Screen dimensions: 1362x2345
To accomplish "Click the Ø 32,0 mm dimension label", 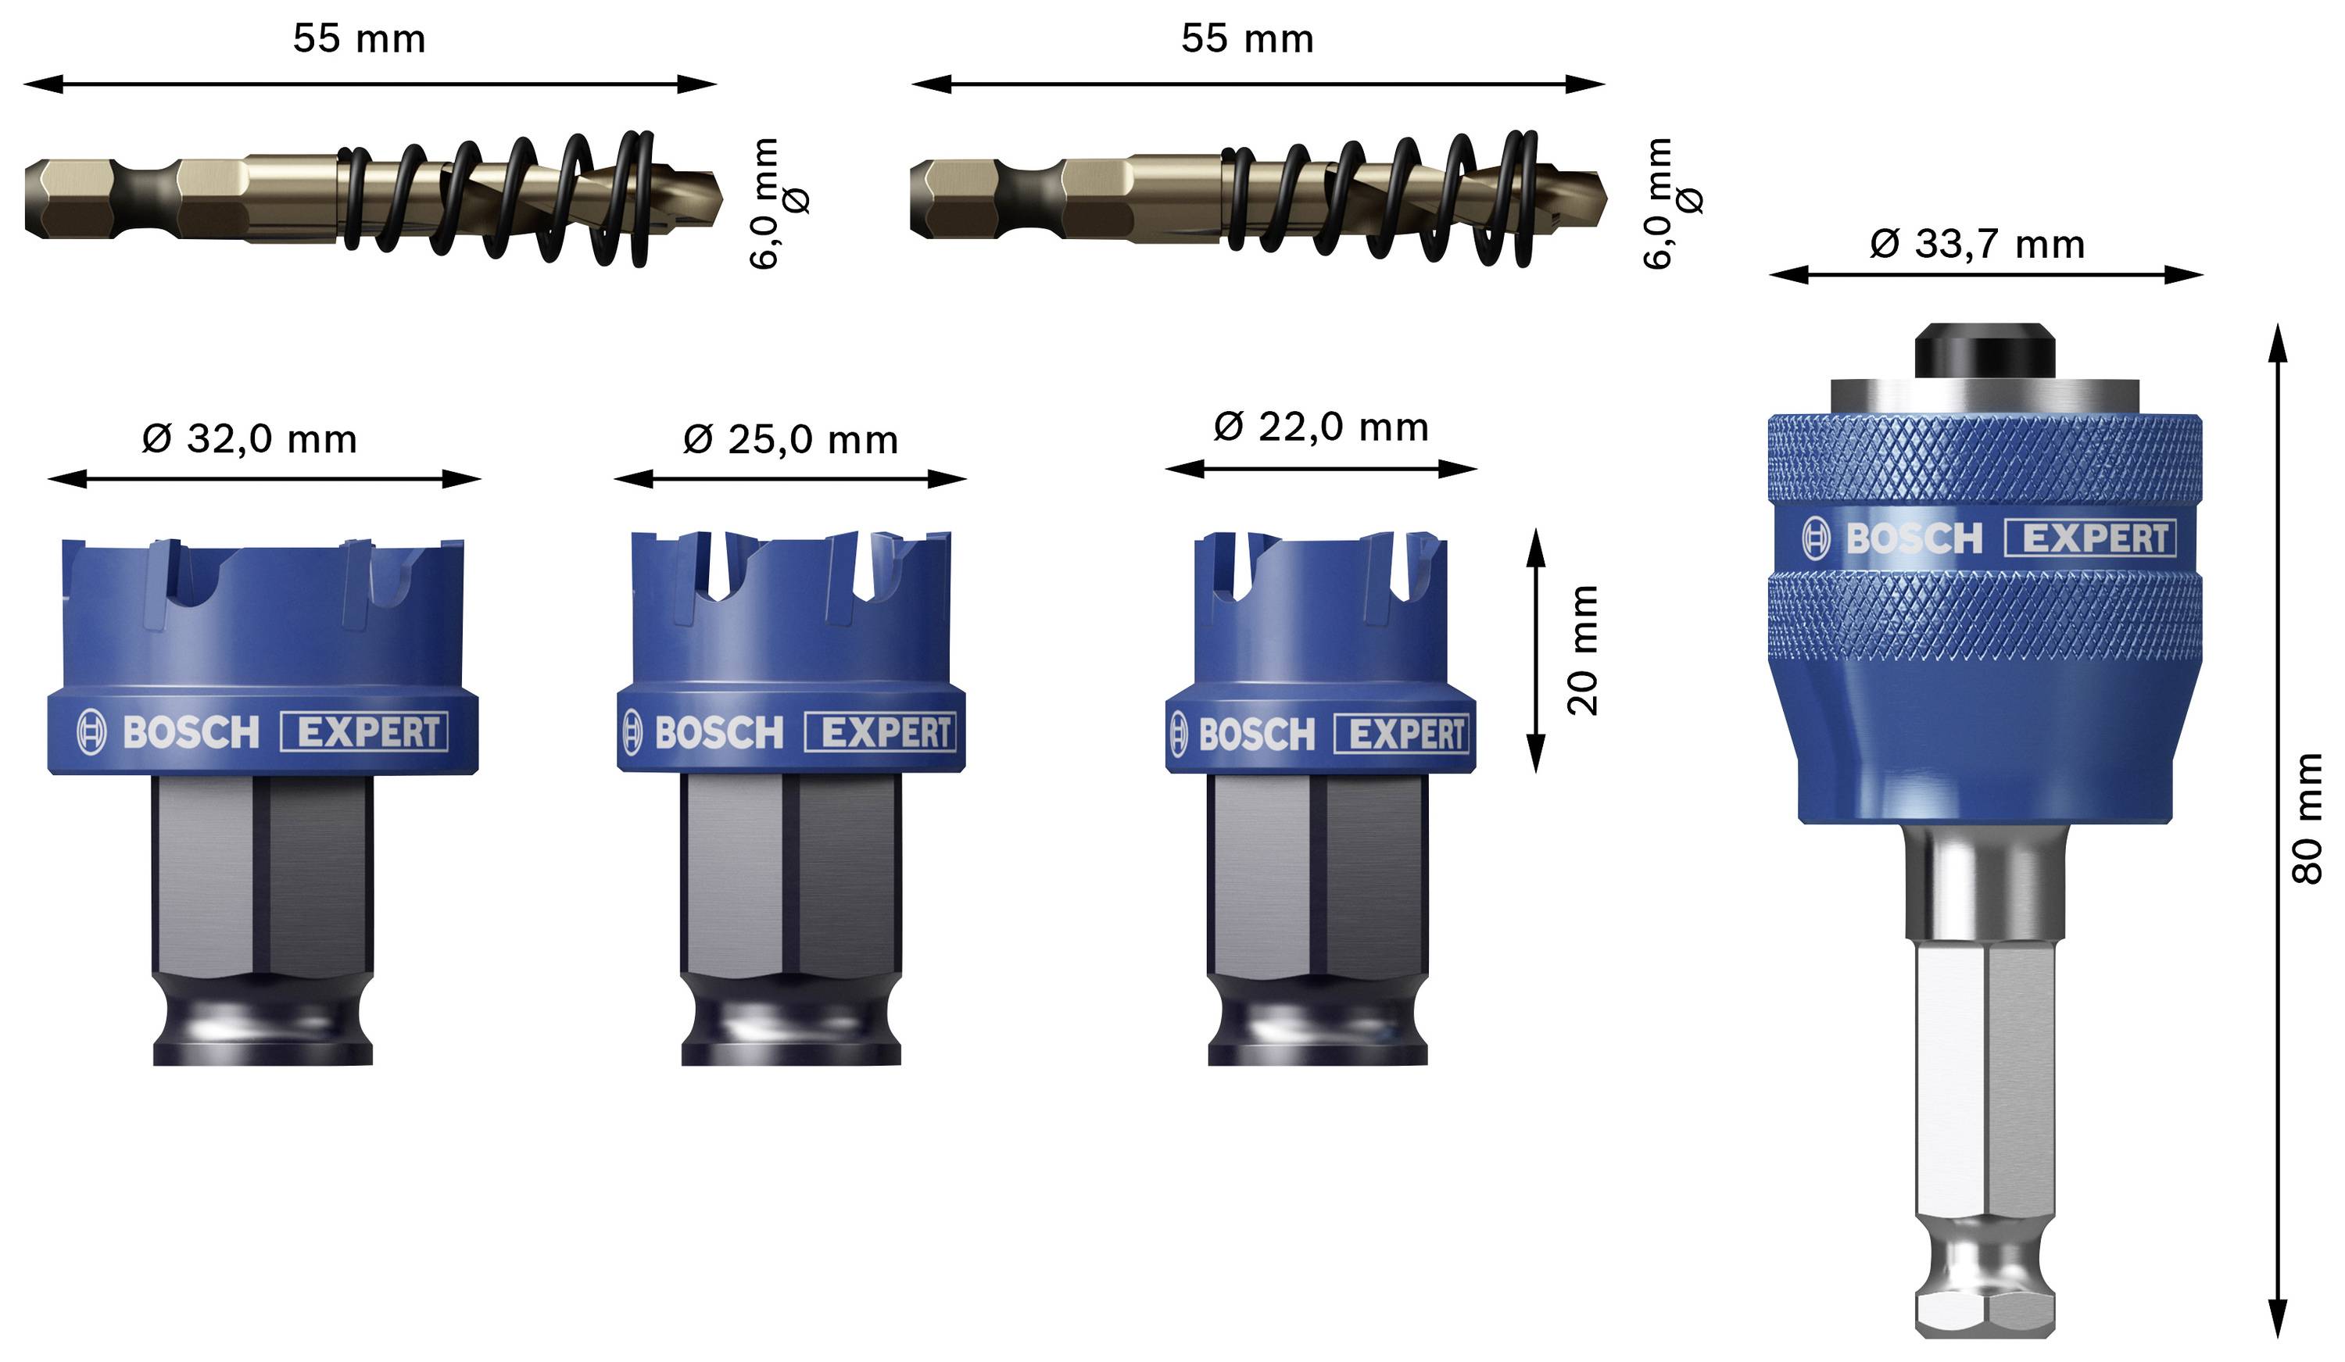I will [x=249, y=439].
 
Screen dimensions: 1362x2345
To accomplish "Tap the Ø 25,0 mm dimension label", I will [x=790, y=440].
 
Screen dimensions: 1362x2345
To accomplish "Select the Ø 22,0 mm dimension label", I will [x=1320, y=427].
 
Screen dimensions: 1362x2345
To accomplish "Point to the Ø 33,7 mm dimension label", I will [x=1977, y=245].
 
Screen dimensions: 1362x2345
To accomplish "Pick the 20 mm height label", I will [x=1582, y=650].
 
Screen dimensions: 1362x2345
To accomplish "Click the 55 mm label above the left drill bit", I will [x=360, y=39].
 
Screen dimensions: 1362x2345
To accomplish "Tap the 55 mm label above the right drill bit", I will [x=1247, y=39].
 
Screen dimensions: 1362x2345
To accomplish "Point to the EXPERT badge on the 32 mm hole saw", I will [x=365, y=732].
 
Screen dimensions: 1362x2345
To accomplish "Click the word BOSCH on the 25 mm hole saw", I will [x=719, y=733].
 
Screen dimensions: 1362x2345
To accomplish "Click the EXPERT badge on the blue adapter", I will [x=2089, y=538].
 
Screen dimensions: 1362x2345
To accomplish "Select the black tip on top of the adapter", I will [x=1984, y=352].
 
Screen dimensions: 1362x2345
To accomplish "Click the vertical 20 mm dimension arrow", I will [x=1535, y=650].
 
